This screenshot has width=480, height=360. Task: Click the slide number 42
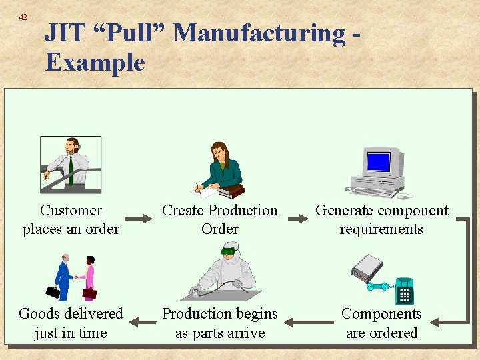coord(23,17)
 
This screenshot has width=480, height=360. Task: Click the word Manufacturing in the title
coord(260,33)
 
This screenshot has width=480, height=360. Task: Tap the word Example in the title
coord(95,63)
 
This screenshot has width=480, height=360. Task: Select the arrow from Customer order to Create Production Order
coord(138,219)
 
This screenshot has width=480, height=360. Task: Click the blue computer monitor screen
coord(378,162)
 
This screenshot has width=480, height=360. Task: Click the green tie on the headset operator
coord(70,170)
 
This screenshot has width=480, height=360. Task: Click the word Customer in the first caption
coord(71,211)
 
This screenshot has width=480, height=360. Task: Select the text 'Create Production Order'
coord(220,219)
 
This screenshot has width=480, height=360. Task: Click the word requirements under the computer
coord(381,229)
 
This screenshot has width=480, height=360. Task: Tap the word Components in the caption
coord(381,313)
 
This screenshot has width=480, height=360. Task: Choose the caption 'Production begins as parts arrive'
coord(220,323)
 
